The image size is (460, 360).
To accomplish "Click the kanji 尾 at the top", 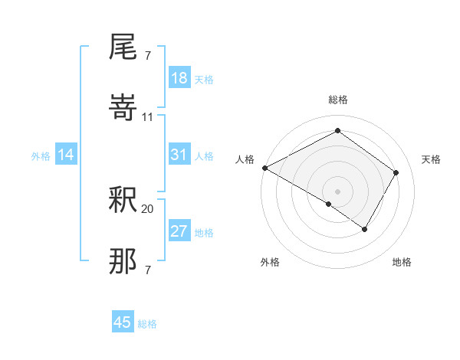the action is (x=123, y=47).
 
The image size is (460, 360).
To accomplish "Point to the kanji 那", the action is (x=123, y=261).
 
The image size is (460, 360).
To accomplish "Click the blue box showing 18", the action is (x=179, y=78).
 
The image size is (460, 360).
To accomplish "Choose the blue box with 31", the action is (x=179, y=155).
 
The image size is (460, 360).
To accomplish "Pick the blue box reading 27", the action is (x=179, y=231).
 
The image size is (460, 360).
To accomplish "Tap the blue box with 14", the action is (x=66, y=155).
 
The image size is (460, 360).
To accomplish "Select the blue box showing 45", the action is (x=123, y=322).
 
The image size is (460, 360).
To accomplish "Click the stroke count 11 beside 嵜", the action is (x=148, y=116).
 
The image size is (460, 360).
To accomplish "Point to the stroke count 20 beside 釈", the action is (x=148, y=208).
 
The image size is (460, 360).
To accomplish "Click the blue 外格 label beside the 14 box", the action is (x=41, y=156).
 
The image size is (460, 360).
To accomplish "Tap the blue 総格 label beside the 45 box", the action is (x=147, y=324).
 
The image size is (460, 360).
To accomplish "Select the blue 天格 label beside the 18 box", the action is (x=204, y=79).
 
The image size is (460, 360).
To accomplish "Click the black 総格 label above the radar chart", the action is (x=338, y=100).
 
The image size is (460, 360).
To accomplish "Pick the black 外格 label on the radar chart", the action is (x=270, y=262).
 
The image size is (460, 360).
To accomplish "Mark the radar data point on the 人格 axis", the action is (x=264, y=168).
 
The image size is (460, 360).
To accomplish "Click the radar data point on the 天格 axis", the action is (x=396, y=172).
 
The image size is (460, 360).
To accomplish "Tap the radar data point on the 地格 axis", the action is (x=365, y=228).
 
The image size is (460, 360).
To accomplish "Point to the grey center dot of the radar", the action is (x=337, y=191).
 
